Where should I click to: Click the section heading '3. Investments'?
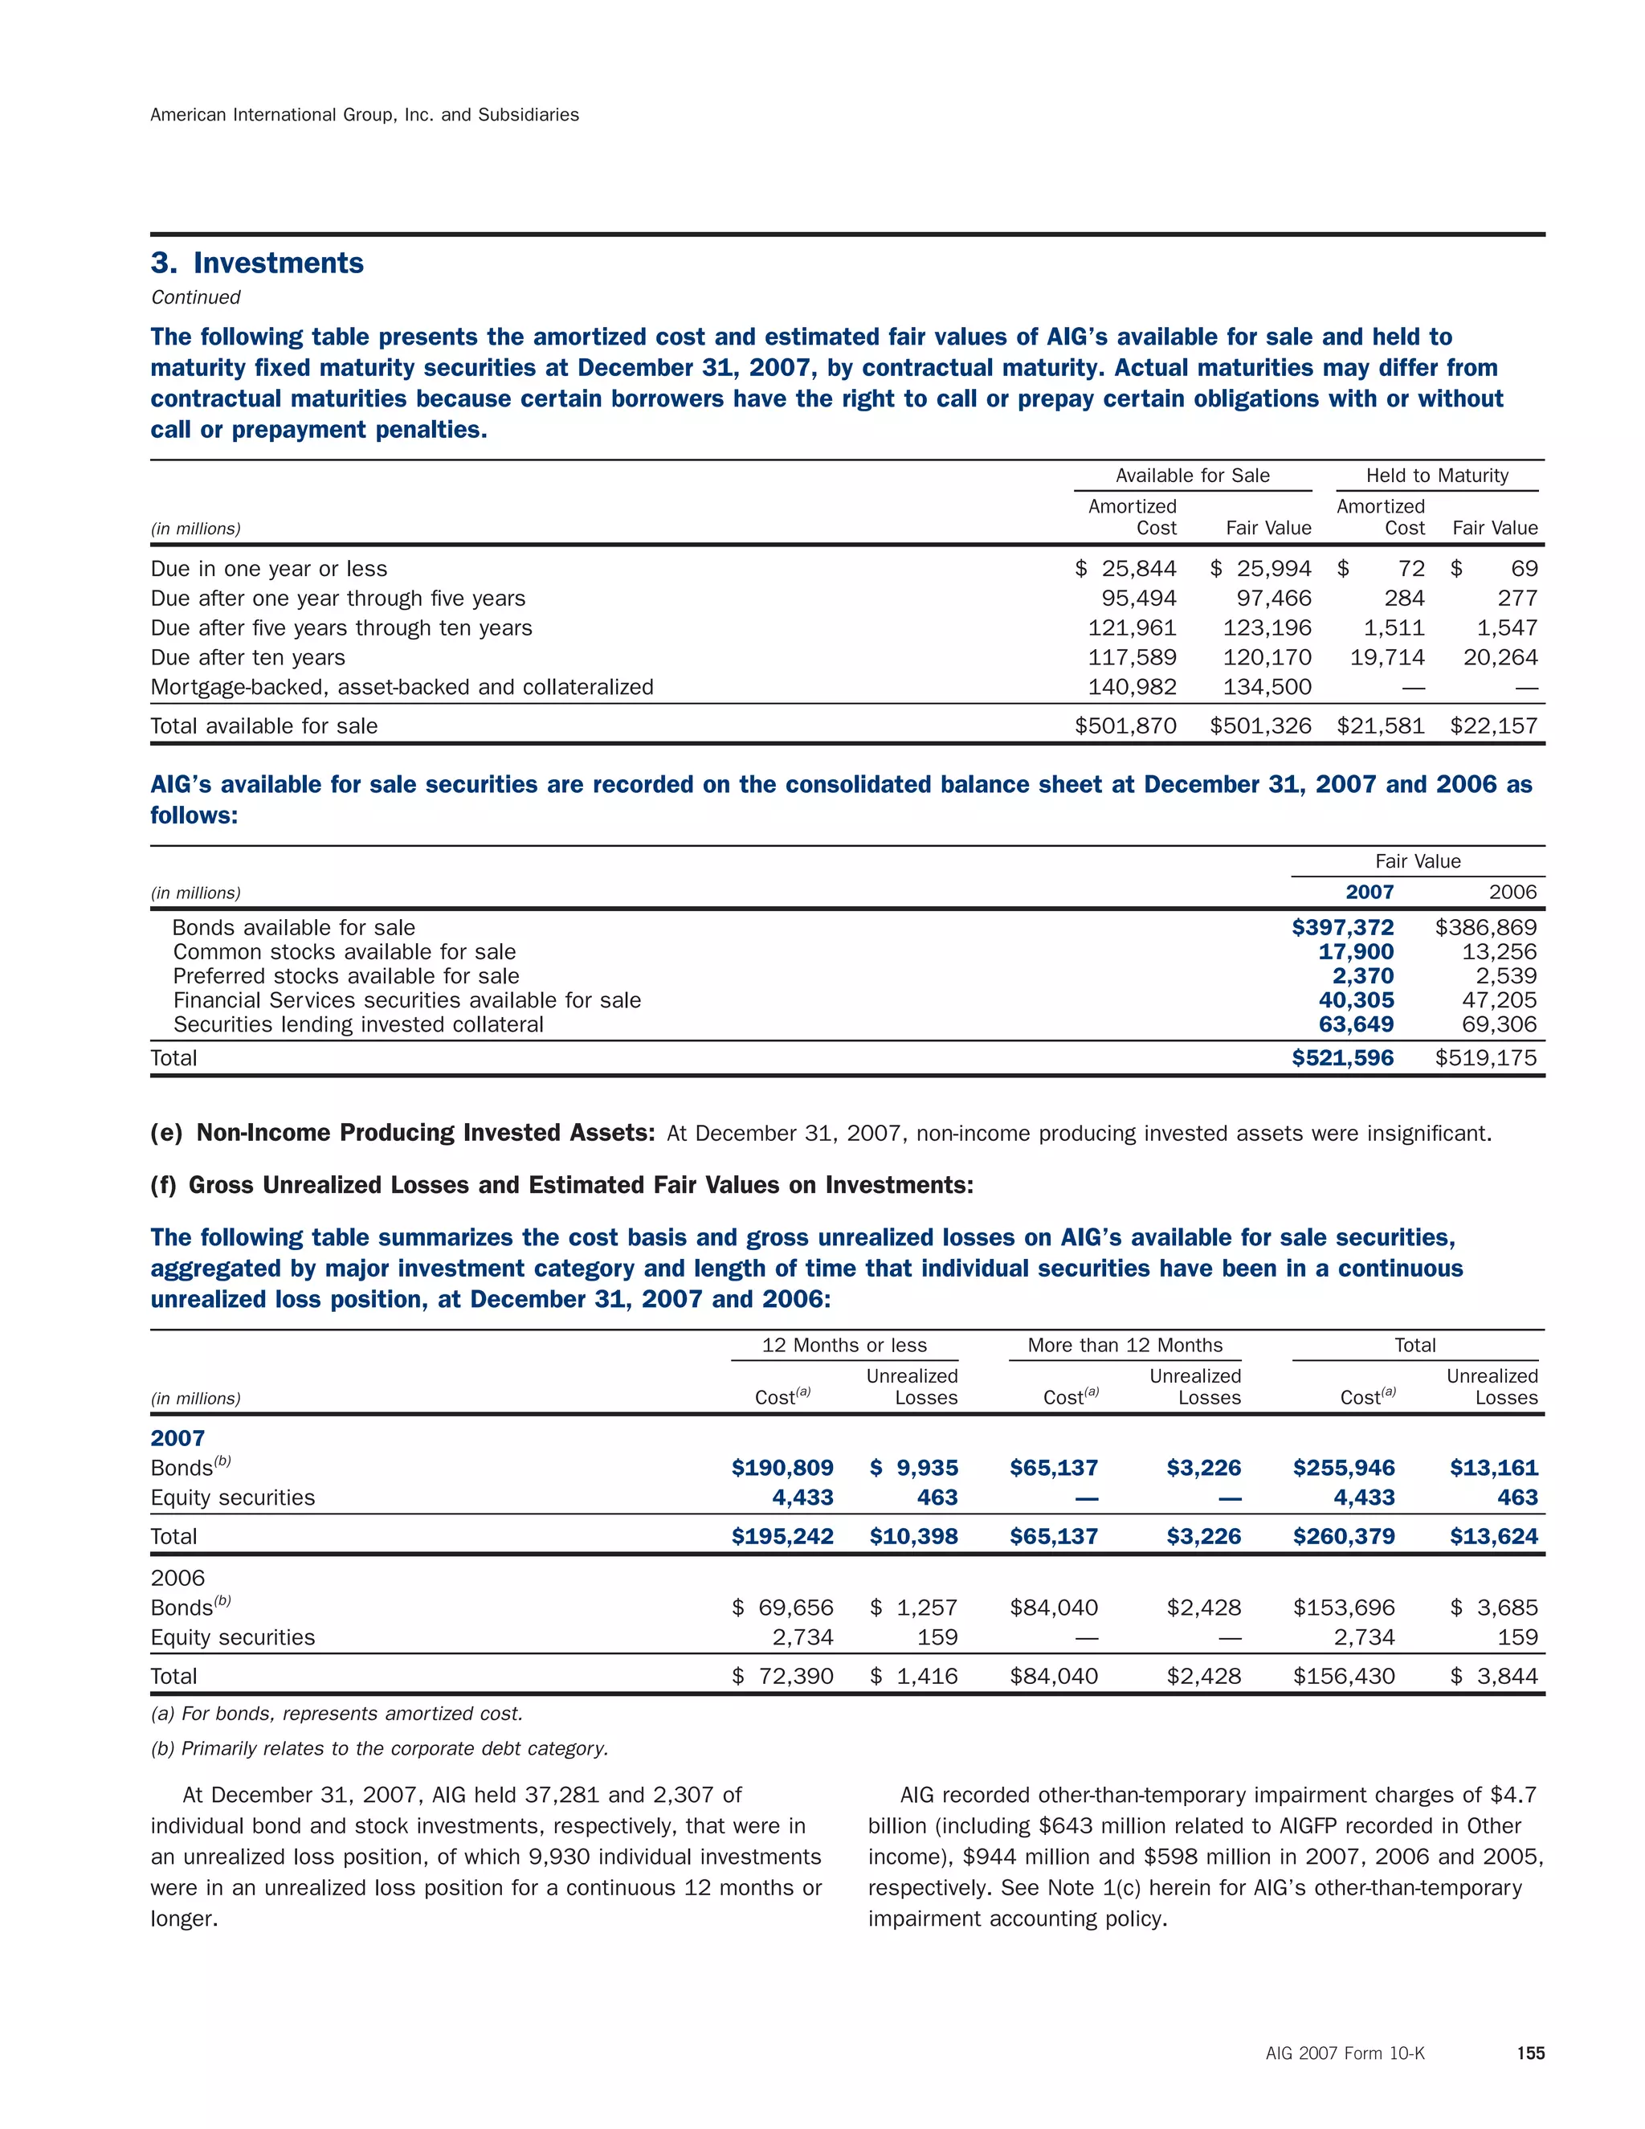click(x=257, y=264)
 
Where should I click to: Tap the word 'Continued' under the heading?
click(x=195, y=297)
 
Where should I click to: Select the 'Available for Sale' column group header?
click(x=1192, y=476)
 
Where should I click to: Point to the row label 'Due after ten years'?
click(x=247, y=658)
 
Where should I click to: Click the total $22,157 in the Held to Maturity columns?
click(x=1493, y=726)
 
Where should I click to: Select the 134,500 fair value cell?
click(x=1267, y=687)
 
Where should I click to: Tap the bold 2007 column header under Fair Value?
click(x=1369, y=892)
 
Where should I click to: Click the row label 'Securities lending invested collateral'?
click(x=358, y=1024)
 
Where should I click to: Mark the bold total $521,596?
click(x=1343, y=1059)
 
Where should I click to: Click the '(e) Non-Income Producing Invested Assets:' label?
click(x=402, y=1133)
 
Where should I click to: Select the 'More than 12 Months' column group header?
click(x=1125, y=1345)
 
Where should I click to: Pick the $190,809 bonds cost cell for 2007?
click(x=782, y=1468)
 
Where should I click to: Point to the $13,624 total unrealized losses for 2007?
click(x=1493, y=1537)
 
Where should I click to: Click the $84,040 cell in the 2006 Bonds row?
click(x=1054, y=1608)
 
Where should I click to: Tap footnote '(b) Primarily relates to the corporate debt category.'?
click(x=379, y=1749)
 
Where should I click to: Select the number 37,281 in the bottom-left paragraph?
click(x=562, y=1796)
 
